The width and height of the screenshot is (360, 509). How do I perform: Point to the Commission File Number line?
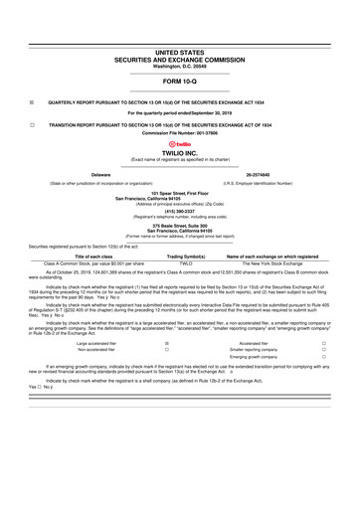pos(179,131)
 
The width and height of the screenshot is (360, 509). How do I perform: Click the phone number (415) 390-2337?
pos(179,210)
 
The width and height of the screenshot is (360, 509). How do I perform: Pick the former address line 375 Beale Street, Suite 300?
pos(179,225)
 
